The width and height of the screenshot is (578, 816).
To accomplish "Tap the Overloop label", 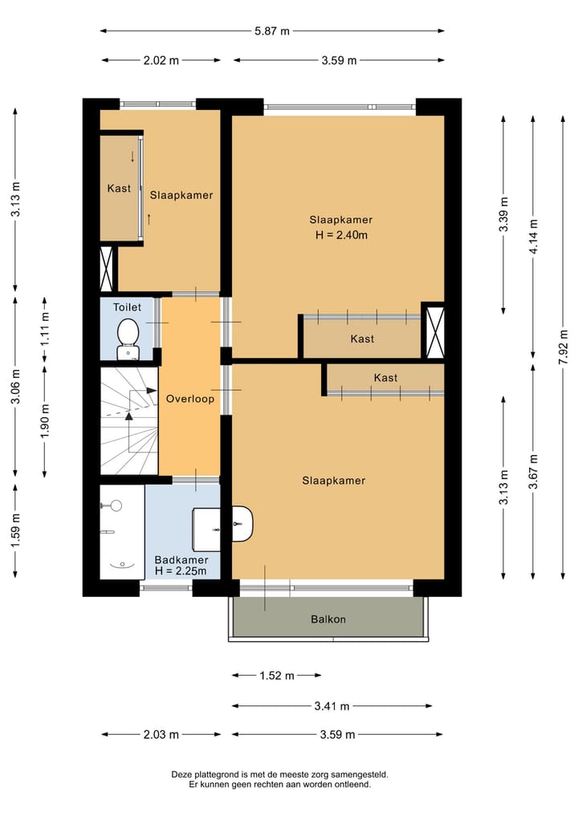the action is point(190,399).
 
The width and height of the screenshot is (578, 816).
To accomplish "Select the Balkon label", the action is point(328,619).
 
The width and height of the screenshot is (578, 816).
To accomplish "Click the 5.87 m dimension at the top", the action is point(272,31).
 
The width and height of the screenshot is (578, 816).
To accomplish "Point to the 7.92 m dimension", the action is point(563,347).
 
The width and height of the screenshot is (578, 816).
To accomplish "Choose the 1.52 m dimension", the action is point(277,676).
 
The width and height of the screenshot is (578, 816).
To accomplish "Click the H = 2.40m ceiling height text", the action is point(341,235).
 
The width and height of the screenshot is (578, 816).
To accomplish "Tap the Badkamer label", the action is point(181,560).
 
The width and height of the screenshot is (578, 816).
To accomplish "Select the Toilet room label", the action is point(127,307).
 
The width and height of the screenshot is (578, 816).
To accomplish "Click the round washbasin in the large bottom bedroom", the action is point(242,523).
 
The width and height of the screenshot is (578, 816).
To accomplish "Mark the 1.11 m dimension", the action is point(45,328).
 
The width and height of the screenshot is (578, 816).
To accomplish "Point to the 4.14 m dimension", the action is point(533,237).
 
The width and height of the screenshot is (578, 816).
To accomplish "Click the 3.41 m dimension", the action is point(332,706).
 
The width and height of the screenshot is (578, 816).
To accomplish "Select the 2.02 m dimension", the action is point(161,60).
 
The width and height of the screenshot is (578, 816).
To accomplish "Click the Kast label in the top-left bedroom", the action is point(119,189).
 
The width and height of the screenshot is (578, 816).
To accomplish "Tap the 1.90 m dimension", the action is point(45,420).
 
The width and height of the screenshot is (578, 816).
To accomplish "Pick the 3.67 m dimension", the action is point(533,472).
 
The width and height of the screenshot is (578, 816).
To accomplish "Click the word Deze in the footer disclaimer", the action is point(180,775).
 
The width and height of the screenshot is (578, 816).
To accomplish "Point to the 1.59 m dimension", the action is point(15,531).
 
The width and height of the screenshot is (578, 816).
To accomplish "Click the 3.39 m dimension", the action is point(503,215).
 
